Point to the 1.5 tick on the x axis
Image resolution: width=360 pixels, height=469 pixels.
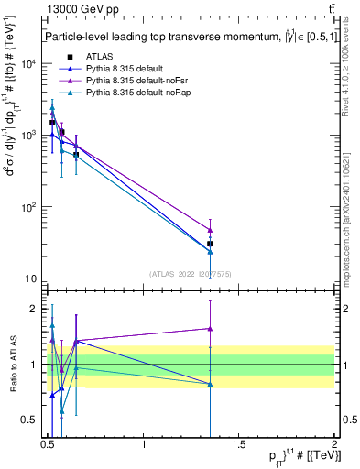(239, 445)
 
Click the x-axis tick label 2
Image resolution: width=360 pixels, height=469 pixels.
(334, 445)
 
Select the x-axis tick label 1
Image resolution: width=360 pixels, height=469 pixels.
(144, 445)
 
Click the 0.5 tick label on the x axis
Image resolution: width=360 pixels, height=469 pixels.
(49, 445)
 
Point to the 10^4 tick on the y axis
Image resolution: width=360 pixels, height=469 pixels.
(27, 64)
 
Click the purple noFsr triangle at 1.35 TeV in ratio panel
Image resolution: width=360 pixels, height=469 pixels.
(211, 328)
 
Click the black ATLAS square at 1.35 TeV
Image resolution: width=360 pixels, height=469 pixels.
(211, 244)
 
